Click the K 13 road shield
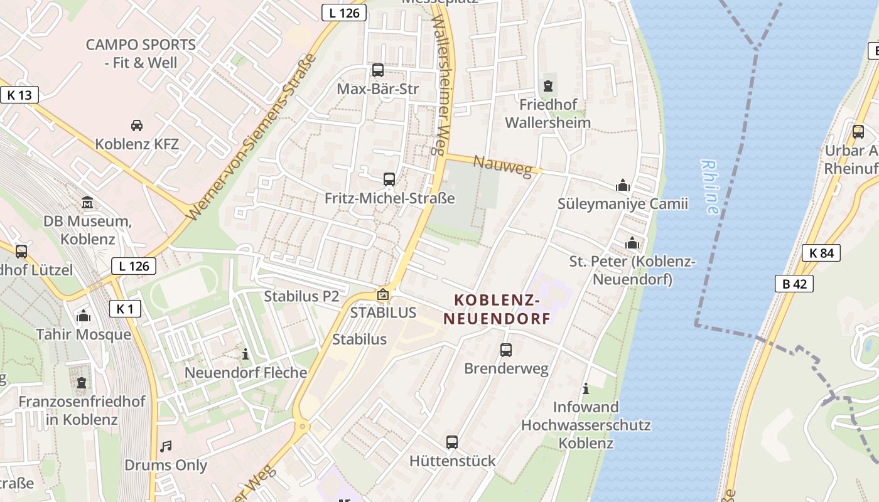point(19,95)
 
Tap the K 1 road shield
point(125,309)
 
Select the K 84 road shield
point(821,253)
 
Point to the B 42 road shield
point(794,284)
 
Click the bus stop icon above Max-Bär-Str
point(378,70)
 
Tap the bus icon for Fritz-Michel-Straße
point(389,179)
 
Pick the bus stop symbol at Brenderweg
point(506,350)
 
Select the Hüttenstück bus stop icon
point(452,442)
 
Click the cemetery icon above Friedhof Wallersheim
point(548,85)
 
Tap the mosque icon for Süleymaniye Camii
point(623,185)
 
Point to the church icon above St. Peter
point(632,242)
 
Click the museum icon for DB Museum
point(87,203)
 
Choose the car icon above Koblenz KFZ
point(137,125)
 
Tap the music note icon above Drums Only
point(166,446)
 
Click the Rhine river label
point(710,187)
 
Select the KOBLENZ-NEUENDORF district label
point(497,309)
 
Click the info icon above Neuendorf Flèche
point(245,355)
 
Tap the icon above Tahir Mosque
point(84,316)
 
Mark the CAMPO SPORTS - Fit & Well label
point(141,53)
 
